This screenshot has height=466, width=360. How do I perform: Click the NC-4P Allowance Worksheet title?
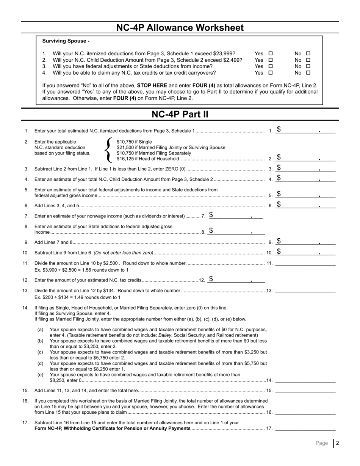coord(180,28)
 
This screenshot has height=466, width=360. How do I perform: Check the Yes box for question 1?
coord(270,54)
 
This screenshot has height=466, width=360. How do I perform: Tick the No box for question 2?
coord(308,60)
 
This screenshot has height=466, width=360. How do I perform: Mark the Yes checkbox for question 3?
coord(270,67)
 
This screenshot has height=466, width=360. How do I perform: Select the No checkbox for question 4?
coord(308,73)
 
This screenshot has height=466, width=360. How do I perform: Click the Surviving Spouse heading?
coord(66,41)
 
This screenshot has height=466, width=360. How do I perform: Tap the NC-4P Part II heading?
coord(180,114)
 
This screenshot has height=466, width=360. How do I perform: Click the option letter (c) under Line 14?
coord(40,352)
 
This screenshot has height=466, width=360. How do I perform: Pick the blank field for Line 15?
coord(305,390)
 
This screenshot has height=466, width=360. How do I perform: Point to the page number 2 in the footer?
coord(337,443)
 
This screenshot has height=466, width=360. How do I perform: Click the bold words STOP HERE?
coord(152,86)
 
